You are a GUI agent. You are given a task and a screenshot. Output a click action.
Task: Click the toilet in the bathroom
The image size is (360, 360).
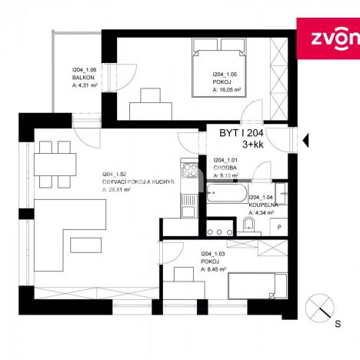coord(248,224)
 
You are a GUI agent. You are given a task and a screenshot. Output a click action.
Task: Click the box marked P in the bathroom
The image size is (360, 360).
coord(279,227)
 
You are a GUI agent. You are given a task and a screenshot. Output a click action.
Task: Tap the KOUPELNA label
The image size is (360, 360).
coord(264,206)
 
